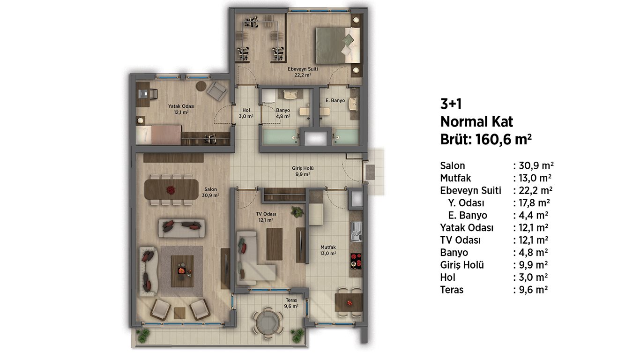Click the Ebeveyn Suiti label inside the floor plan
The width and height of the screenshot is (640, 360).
click(303, 69)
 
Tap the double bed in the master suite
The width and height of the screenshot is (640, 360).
click(338, 45)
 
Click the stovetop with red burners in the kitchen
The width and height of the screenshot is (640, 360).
click(356, 262)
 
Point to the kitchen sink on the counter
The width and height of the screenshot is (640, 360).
click(356, 231)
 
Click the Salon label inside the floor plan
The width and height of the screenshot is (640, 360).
click(210, 189)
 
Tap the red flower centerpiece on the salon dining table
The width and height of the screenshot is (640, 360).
click(171, 189)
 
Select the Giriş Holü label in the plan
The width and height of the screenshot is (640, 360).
click(303, 168)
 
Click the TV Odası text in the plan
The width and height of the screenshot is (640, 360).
click(266, 214)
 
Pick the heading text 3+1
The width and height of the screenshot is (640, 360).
click(451, 104)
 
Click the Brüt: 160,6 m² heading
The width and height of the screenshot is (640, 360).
click(486, 140)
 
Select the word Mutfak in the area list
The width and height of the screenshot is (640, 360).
click(455, 178)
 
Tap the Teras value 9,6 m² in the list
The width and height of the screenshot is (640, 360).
click(533, 290)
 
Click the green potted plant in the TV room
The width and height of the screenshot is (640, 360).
click(297, 212)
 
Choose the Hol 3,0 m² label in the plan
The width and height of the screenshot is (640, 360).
click(246, 113)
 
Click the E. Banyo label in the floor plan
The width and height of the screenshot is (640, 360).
click(335, 101)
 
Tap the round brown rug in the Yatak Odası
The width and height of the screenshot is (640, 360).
click(201, 86)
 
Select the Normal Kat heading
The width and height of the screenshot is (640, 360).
click(476, 122)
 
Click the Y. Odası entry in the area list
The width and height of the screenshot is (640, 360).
click(466, 203)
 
